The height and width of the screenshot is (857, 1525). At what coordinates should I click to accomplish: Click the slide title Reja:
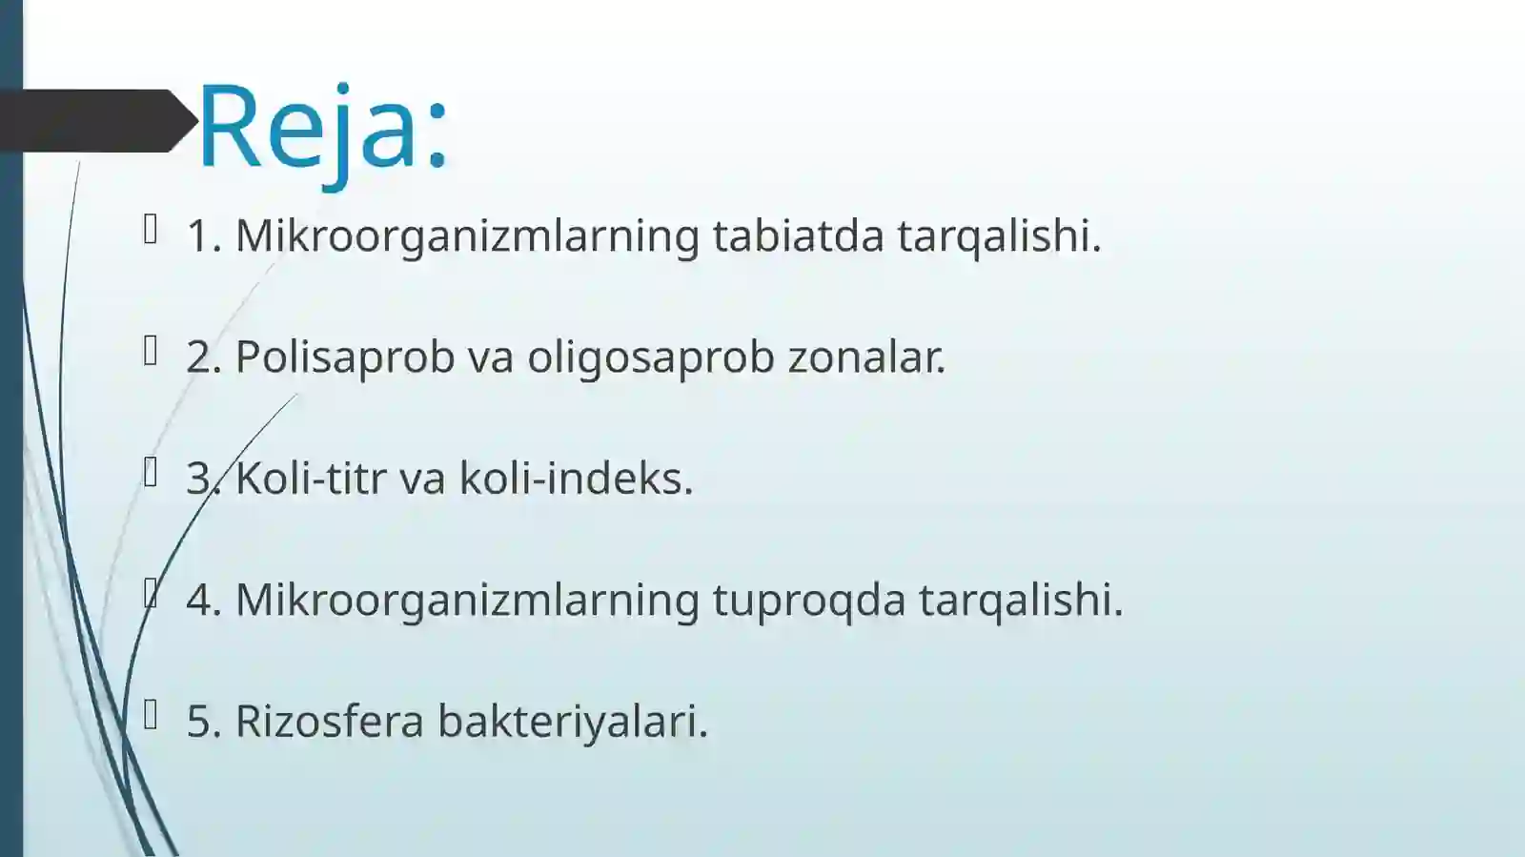click(x=322, y=127)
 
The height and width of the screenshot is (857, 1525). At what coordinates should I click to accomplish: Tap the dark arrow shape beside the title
click(x=95, y=121)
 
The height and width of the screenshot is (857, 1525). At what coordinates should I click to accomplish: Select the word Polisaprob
click(x=344, y=357)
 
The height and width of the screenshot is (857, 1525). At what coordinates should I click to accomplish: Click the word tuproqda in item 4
click(x=808, y=600)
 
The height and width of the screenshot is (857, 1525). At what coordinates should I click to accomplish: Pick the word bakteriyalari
click(x=572, y=721)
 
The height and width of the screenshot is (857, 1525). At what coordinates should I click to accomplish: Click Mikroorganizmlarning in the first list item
click(x=467, y=235)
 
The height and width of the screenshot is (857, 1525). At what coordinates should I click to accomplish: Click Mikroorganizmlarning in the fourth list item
click(x=467, y=600)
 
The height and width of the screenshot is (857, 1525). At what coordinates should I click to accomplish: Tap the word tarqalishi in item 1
click(x=999, y=235)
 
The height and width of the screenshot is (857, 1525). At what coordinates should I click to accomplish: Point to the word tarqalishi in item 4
click(x=1021, y=600)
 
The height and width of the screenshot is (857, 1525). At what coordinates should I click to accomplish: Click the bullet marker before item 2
click(x=151, y=351)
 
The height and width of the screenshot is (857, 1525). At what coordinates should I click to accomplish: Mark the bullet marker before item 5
click(x=151, y=714)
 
